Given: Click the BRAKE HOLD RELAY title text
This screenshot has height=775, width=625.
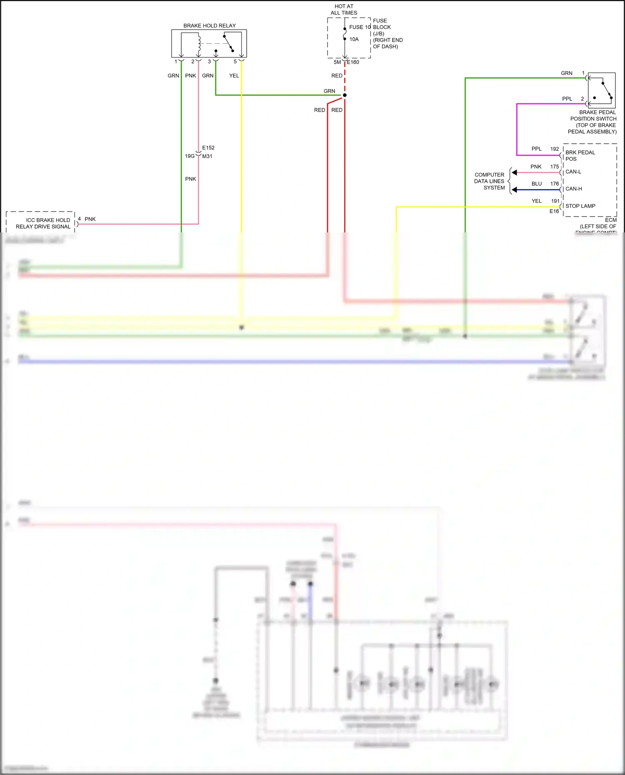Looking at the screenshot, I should (x=209, y=26).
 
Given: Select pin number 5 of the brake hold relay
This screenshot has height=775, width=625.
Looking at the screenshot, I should (x=235, y=62).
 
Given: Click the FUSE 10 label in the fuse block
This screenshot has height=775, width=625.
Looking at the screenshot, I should (x=360, y=27).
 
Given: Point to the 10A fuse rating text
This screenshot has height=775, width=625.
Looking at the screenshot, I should (x=354, y=39).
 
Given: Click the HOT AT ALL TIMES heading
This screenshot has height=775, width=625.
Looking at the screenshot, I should (x=344, y=10).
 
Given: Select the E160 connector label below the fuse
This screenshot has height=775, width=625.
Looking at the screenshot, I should (x=353, y=62).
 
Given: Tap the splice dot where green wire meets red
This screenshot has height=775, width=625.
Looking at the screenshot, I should (x=345, y=95).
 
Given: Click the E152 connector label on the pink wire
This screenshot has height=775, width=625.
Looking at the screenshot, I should (x=208, y=148).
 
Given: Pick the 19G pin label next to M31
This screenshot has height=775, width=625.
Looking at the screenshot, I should (x=190, y=156).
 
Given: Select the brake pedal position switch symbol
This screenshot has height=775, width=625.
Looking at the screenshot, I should (x=602, y=90).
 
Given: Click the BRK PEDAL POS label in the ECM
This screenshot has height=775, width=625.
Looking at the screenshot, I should (x=580, y=155).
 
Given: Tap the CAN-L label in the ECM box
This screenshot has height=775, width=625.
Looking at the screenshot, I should (x=573, y=172).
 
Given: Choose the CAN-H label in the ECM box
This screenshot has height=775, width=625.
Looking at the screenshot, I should (x=573, y=189).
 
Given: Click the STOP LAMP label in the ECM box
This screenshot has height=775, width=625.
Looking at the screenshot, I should (x=580, y=206).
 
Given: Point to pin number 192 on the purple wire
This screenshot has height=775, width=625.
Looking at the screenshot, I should (x=554, y=149).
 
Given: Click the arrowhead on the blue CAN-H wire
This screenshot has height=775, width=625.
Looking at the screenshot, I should (x=515, y=190).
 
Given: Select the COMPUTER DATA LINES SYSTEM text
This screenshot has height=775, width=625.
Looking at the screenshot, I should (x=490, y=181).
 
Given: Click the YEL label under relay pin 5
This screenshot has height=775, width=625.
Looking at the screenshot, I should (x=234, y=76).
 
